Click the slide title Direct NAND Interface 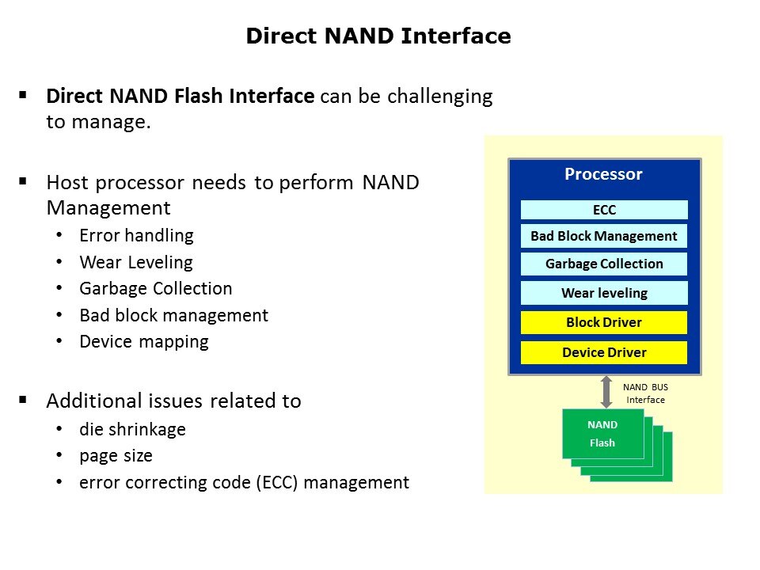coord(378,36)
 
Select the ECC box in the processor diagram coord(604,210)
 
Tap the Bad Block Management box coord(604,236)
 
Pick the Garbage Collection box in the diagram coord(604,264)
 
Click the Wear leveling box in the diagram coord(604,293)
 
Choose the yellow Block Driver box coord(604,322)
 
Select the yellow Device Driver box coord(604,352)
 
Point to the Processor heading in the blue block coord(603,174)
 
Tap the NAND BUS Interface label coord(646,393)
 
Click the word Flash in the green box coord(602,443)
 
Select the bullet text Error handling coord(136,235)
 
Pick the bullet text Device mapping coord(144,341)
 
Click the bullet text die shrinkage coord(132,429)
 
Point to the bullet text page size coord(116,456)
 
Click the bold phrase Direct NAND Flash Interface coord(180,97)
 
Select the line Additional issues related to coord(173,401)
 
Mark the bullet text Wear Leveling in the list coord(135,262)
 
